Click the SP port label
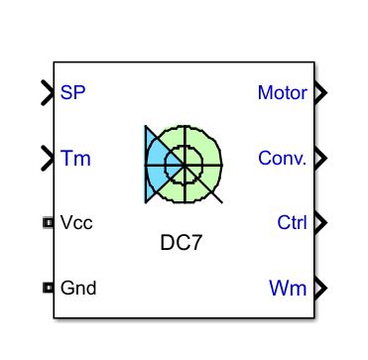72,93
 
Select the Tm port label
75,157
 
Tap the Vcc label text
76,222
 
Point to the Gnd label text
78,289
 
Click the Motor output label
282,93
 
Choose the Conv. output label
282,158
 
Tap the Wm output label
289,289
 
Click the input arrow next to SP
48,93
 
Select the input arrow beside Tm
48,157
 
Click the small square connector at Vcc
48,222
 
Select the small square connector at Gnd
48,289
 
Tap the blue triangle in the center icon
154,159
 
